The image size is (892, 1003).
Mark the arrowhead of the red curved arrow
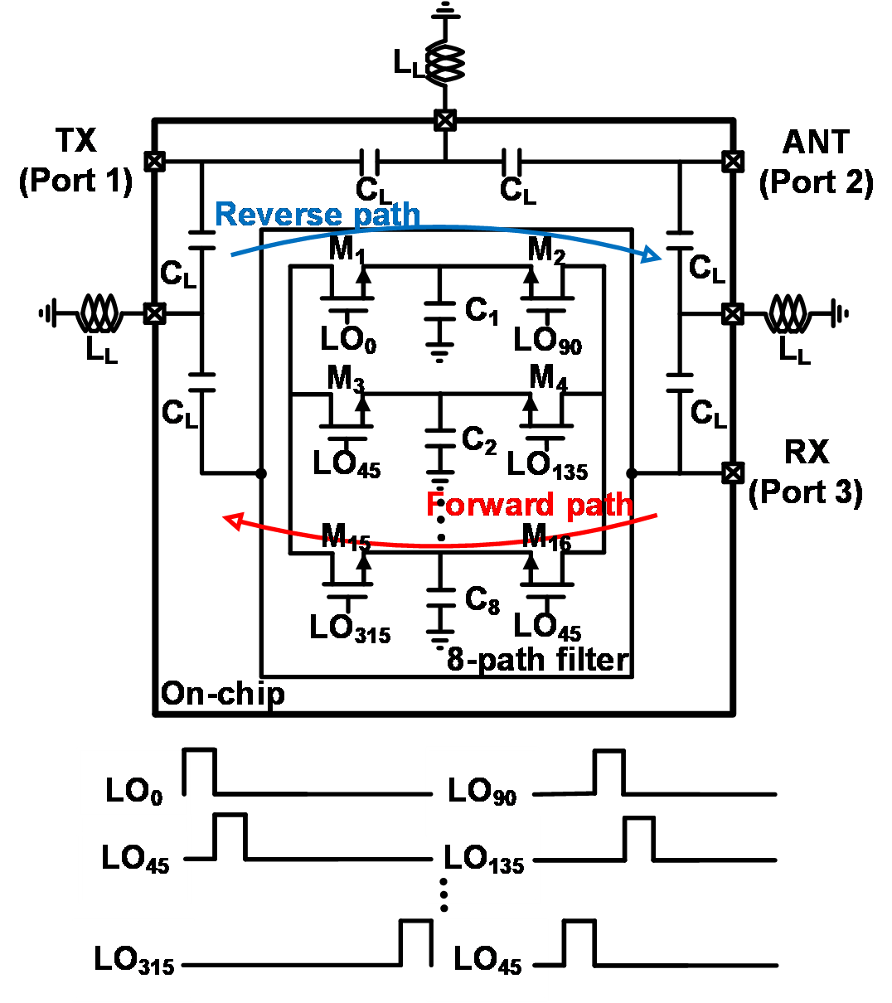pos(233,520)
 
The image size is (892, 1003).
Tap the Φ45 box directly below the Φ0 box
pos(135,860)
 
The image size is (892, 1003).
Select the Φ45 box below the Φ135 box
pos(487,959)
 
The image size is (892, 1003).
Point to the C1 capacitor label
pos(482,312)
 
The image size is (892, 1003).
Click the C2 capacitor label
pos(480,440)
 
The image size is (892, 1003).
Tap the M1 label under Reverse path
pos(349,252)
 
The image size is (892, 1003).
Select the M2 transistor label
pos(549,252)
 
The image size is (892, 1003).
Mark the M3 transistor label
pos(348,379)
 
